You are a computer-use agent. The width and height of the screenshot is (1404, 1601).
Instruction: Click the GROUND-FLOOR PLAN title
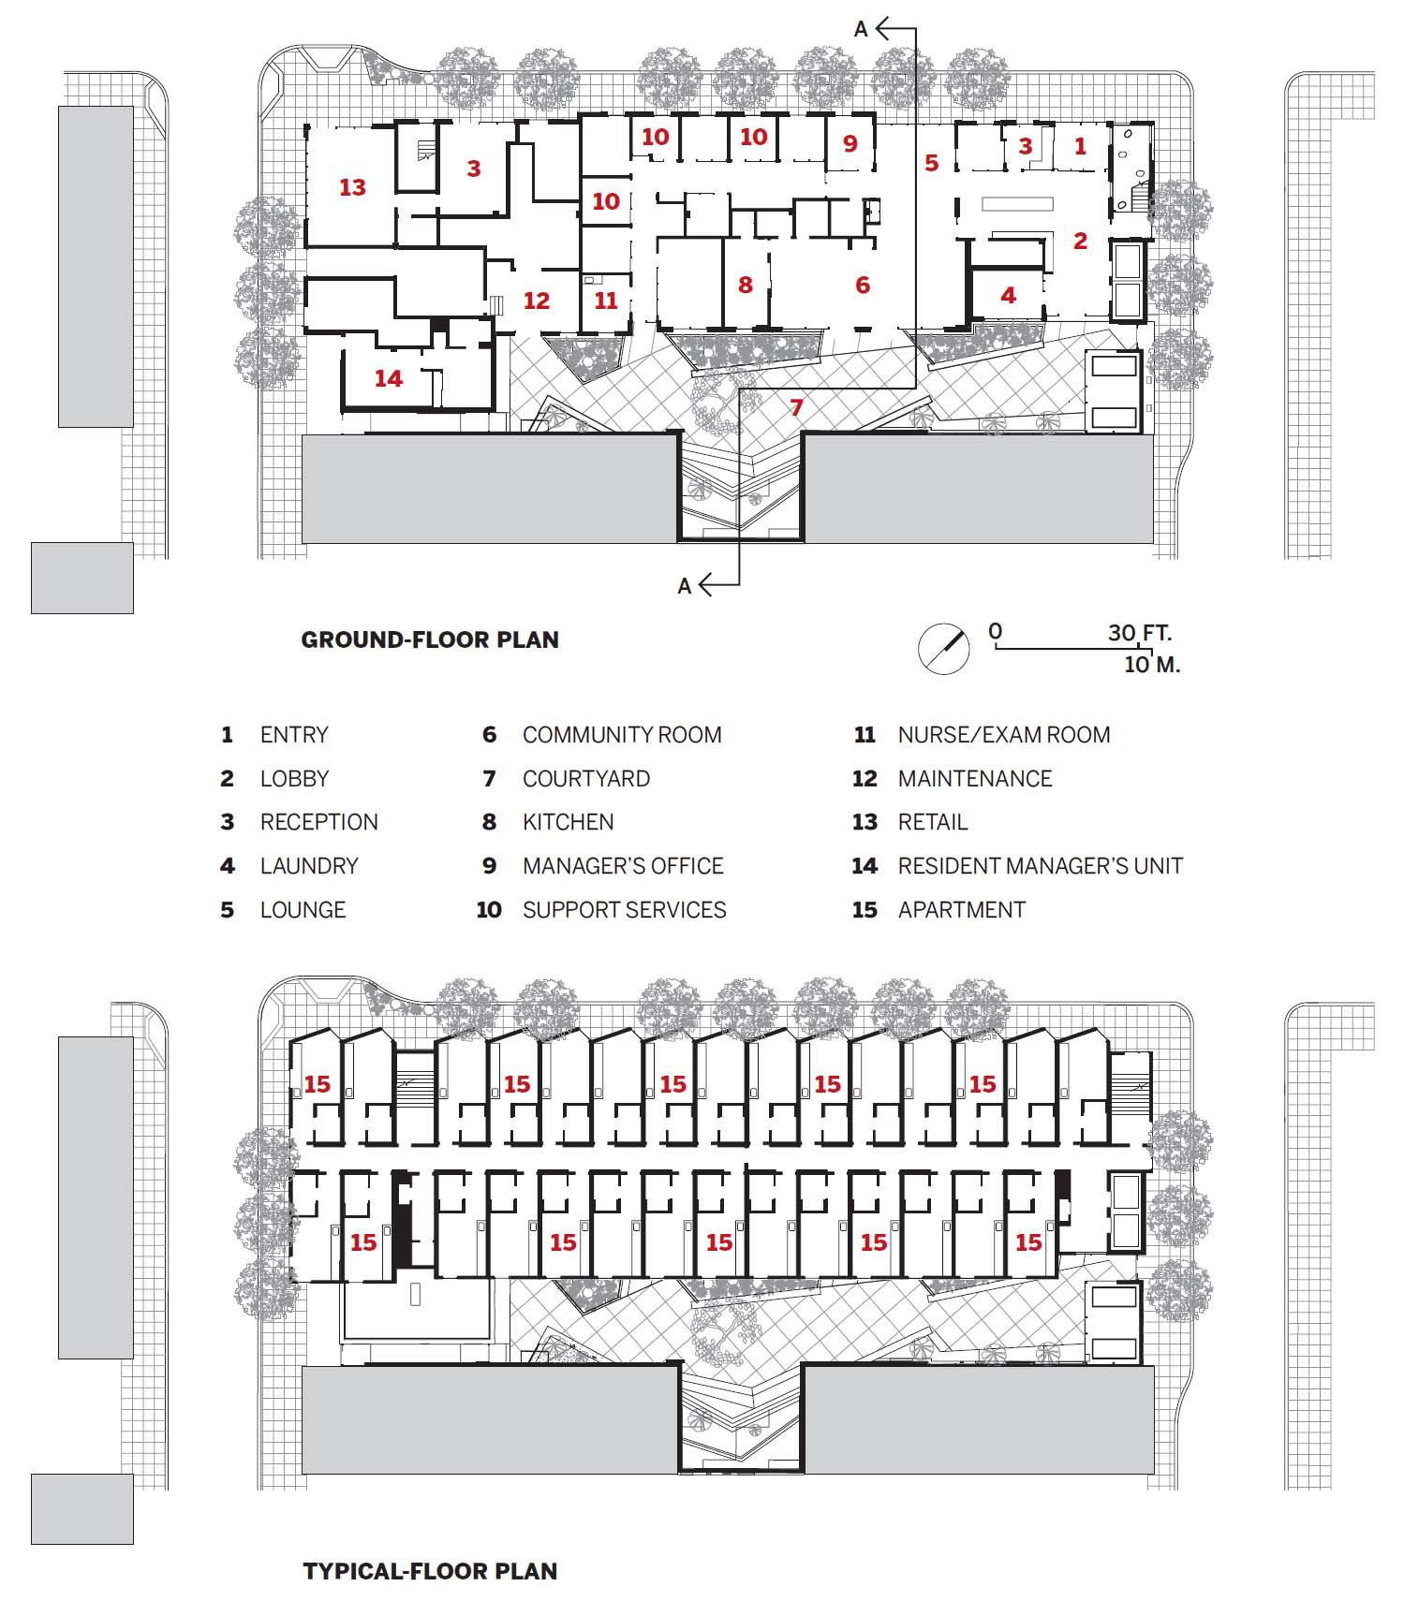430,640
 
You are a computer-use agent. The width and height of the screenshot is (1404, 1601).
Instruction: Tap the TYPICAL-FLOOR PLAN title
430,1570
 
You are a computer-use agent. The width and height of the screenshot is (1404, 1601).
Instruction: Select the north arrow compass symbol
943,648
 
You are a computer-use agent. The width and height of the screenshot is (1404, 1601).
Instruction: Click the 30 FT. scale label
1139,633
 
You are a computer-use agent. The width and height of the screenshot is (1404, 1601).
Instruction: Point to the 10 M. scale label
1151,665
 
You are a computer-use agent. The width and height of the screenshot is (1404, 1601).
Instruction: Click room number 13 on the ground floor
352,187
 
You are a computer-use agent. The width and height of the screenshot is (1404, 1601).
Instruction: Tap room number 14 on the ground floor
388,378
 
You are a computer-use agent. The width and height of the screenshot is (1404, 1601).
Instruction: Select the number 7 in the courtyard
796,407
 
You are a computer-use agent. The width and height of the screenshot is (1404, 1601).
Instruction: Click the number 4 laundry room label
1008,296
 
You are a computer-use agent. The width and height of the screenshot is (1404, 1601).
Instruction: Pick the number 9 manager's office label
850,143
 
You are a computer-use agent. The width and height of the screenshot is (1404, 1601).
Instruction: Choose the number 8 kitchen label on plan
745,285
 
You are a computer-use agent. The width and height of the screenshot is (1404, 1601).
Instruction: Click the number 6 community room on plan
862,285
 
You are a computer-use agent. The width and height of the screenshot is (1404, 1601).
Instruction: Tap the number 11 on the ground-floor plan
606,301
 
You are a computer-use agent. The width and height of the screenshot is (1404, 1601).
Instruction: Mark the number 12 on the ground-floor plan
536,301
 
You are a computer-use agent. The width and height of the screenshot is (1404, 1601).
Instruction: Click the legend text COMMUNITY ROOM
622,735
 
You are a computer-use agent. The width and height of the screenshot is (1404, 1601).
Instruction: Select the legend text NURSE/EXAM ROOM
1003,735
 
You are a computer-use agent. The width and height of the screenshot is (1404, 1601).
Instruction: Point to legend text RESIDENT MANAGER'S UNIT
1040,866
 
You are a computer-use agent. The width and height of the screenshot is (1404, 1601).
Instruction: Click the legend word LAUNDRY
309,866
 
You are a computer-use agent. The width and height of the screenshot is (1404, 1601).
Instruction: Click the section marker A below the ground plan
685,586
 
